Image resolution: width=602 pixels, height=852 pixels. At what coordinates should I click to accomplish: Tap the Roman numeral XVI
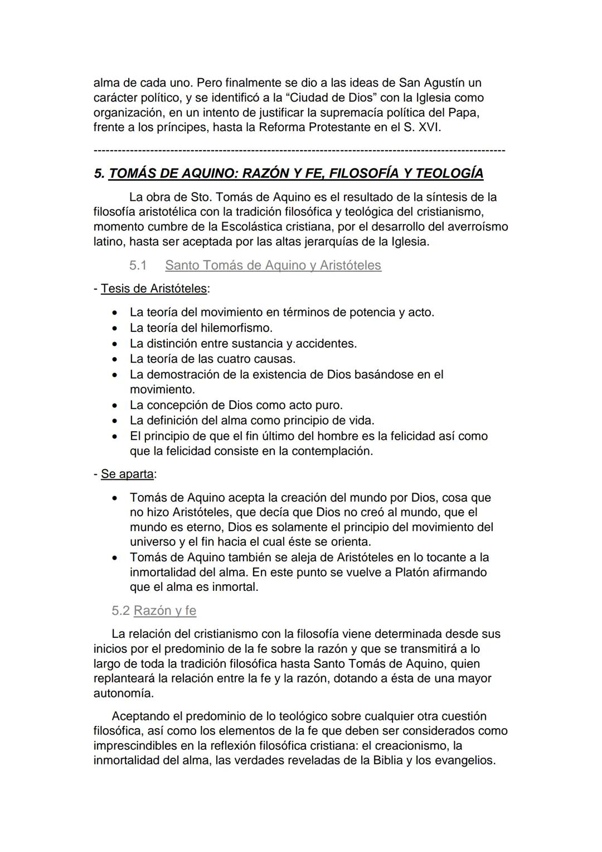pyautogui.click(x=427, y=127)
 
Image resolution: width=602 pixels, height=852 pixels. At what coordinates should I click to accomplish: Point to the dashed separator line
pyautogui.click(x=299, y=151)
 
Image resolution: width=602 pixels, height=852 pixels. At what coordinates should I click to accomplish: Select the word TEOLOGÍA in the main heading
pyautogui.click(x=450, y=174)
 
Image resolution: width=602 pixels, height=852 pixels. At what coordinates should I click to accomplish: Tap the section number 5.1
pyautogui.click(x=138, y=266)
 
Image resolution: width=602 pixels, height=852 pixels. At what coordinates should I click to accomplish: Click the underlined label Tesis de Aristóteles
pyautogui.click(x=153, y=289)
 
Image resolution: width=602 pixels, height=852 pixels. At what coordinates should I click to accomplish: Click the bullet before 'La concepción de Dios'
pyautogui.click(x=115, y=406)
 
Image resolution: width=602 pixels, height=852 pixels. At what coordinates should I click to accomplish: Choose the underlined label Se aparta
pyautogui.click(x=127, y=474)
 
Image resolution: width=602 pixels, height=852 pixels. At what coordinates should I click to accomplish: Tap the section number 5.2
pyautogui.click(x=120, y=611)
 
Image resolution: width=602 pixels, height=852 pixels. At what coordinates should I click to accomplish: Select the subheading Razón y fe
pyautogui.click(x=165, y=611)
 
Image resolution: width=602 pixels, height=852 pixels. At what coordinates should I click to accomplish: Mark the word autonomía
pyautogui.click(x=123, y=694)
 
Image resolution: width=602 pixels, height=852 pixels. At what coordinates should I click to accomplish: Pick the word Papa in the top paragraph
pyautogui.click(x=464, y=113)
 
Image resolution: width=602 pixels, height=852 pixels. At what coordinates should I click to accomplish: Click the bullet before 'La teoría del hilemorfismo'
pyautogui.click(x=115, y=329)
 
